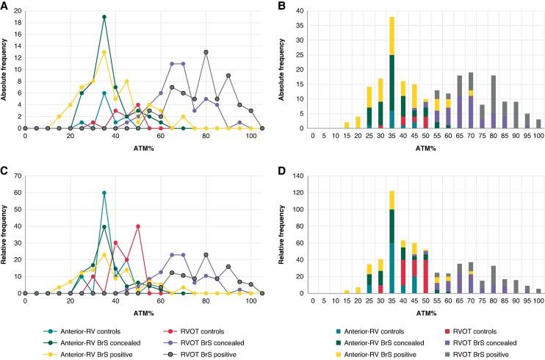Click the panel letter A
click(x=4, y=4)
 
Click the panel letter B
click(x=282, y=4)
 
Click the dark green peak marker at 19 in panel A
click(x=104, y=17)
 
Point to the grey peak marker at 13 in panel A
click(x=206, y=52)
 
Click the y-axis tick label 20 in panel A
click(x=18, y=11)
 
